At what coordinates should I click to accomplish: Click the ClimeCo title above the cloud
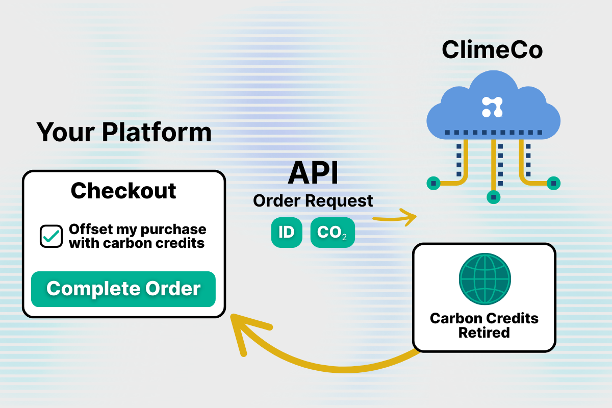(492, 49)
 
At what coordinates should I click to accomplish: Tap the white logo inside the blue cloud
(492, 106)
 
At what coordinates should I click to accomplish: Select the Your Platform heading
(124, 132)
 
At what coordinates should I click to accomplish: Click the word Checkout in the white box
(123, 191)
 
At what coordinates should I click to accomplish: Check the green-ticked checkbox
(52, 236)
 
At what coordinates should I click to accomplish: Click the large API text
(313, 173)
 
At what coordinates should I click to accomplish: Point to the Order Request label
(313, 201)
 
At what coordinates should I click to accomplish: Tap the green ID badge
(286, 233)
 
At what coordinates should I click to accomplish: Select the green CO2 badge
(332, 233)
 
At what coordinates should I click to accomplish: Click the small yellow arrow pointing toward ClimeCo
(395, 218)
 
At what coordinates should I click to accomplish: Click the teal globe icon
(484, 279)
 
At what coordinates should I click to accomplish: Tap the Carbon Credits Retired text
(484, 325)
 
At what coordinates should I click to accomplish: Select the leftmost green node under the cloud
(433, 182)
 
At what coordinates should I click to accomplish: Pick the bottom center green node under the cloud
(493, 197)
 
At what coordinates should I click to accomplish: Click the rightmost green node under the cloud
(553, 182)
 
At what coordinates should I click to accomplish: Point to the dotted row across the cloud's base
(493, 133)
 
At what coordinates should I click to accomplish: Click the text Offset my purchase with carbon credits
(137, 236)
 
